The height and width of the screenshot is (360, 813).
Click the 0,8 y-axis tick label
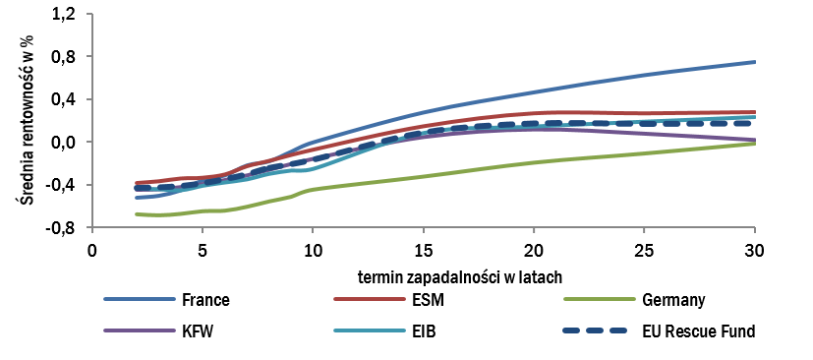[x=64, y=57]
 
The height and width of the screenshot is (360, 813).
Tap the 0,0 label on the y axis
[x=64, y=142]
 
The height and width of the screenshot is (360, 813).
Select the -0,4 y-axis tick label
[x=61, y=185]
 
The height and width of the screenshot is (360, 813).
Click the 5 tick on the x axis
[x=202, y=248]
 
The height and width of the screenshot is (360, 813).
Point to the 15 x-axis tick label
[x=423, y=248]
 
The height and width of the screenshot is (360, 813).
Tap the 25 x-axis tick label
[x=644, y=248]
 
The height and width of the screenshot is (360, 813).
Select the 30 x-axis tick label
[x=754, y=248]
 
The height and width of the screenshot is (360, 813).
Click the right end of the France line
[x=754, y=62]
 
